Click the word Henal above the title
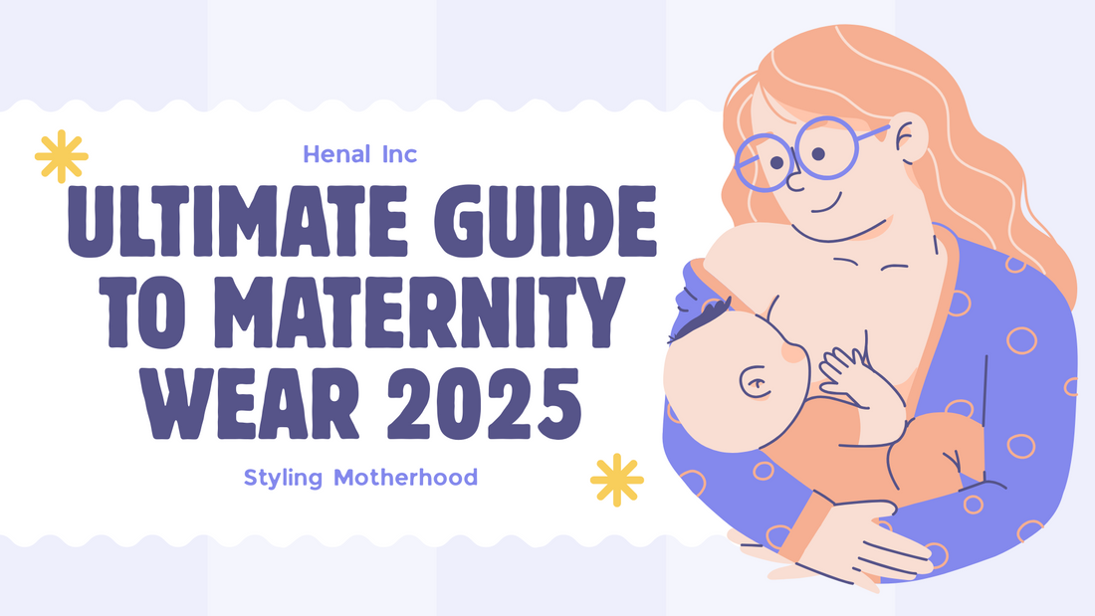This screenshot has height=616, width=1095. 336,154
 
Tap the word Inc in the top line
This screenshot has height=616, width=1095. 399,154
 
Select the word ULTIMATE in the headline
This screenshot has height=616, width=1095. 238,222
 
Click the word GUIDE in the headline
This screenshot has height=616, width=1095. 546,222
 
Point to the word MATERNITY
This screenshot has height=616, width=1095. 418,312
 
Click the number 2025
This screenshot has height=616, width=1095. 484,403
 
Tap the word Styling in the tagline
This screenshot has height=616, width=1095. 283,479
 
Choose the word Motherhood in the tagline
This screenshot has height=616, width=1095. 406,477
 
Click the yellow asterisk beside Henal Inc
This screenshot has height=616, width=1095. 62,156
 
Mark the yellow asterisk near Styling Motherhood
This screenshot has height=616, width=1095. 616,480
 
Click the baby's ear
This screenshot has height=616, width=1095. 755,383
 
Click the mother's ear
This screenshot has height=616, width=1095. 909,139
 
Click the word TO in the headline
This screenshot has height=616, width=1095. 145,312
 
